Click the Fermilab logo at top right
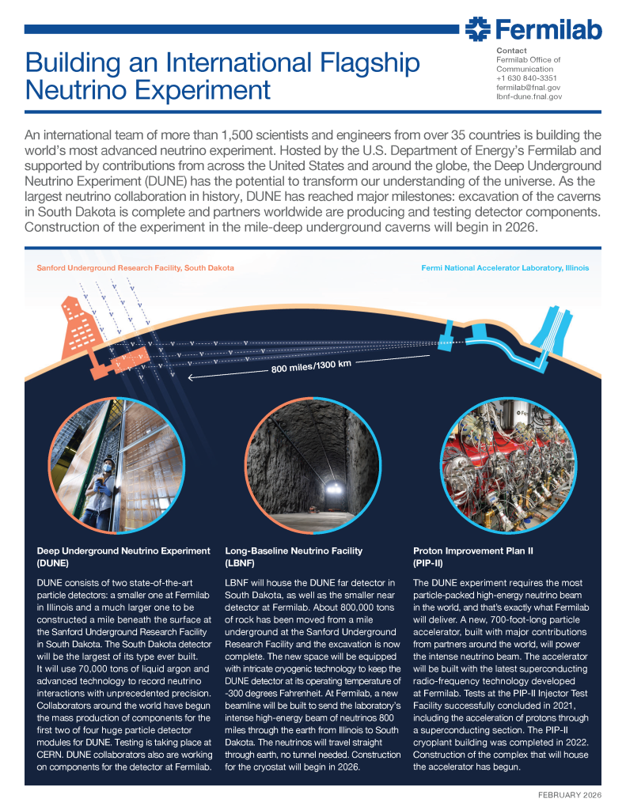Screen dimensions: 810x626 tap(533, 30)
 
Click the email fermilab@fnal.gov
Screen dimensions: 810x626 tap(528, 88)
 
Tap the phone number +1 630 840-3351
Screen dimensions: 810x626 tap(527, 78)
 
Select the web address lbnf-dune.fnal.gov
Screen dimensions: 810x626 tap(529, 97)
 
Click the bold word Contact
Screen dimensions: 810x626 tap(510, 51)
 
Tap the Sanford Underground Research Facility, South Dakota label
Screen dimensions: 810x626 tap(135, 268)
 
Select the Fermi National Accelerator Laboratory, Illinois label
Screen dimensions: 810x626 tap(505, 268)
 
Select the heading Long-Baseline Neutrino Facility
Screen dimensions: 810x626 tap(294, 551)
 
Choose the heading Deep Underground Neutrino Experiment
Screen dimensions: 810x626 tap(123, 551)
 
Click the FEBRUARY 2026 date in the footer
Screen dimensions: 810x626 tap(564, 793)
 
